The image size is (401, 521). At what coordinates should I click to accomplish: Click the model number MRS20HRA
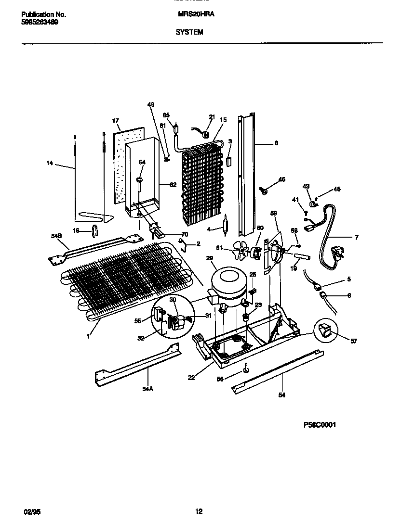tap(196, 14)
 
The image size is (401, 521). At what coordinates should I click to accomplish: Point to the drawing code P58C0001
tap(320, 425)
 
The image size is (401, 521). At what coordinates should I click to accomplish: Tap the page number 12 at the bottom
tap(199, 511)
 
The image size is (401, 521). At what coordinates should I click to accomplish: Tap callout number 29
tap(210, 258)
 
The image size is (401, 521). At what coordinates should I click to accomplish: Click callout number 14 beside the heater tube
tap(49, 164)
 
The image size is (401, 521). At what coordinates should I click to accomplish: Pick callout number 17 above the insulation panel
tap(115, 120)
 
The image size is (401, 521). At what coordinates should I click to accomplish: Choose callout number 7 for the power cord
tap(356, 238)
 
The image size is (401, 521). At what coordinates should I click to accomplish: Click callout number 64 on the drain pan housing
tap(142, 162)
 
